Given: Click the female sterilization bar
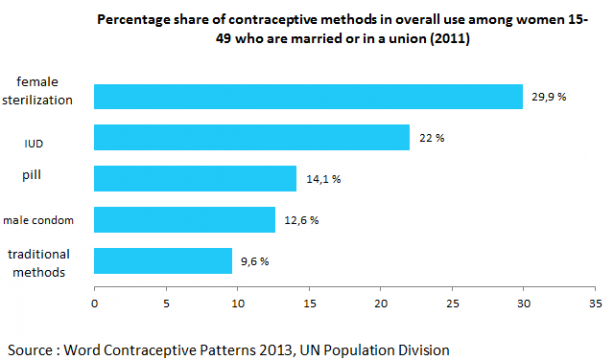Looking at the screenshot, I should pyautogui.click(x=308, y=96).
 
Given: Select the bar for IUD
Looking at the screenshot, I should pyautogui.click(x=252, y=137).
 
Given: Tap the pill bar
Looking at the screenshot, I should pyautogui.click(x=195, y=178).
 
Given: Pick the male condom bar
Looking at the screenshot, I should pyautogui.click(x=184, y=219).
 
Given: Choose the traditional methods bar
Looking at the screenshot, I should pyautogui.click(x=163, y=260).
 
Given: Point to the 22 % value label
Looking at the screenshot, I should pyautogui.click(x=431, y=138).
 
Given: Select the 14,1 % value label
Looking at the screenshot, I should pyautogui.click(x=322, y=179).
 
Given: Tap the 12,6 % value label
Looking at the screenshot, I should pyautogui.click(x=300, y=220).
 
